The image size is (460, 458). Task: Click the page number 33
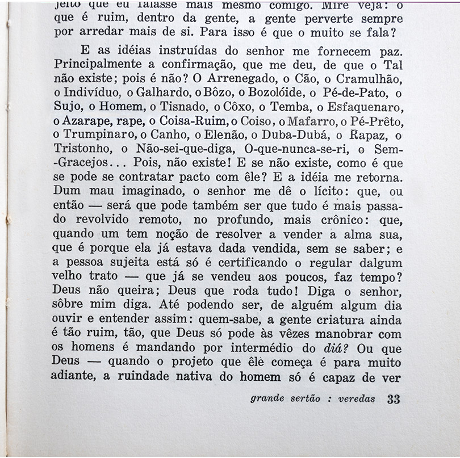click(x=393, y=398)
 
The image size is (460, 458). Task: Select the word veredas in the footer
click(x=356, y=398)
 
